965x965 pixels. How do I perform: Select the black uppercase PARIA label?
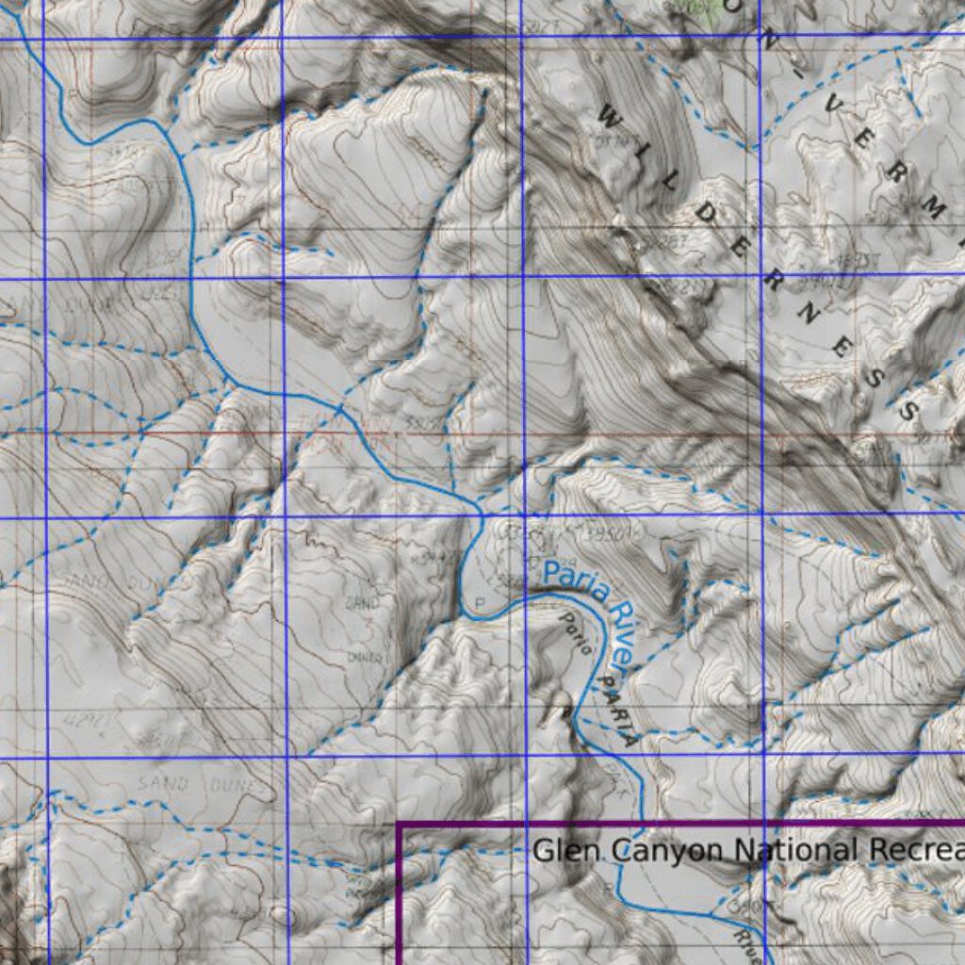click(x=615, y=711)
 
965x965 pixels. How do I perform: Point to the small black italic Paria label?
click(x=576, y=633)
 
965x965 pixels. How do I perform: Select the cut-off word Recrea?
click(x=914, y=850)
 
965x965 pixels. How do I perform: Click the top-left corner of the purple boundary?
click(x=400, y=826)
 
